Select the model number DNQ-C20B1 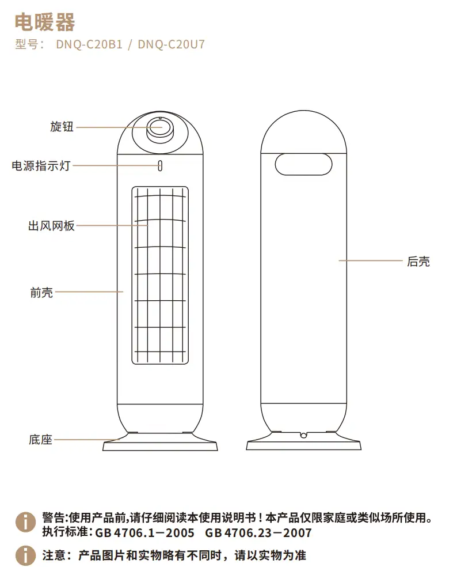[x=89, y=45]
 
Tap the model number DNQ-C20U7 [x=172, y=45]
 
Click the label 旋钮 [x=62, y=127]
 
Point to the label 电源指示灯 [x=41, y=166]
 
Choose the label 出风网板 [x=51, y=226]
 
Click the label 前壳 [x=41, y=293]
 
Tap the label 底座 [x=40, y=440]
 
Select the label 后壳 [x=418, y=262]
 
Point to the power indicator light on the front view [x=159, y=166]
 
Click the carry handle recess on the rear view [x=303, y=164]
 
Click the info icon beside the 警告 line [x=26, y=522]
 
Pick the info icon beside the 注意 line [x=26, y=555]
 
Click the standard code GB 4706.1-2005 [x=146, y=532]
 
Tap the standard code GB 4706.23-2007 [x=258, y=532]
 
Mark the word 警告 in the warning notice [x=54, y=517]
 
